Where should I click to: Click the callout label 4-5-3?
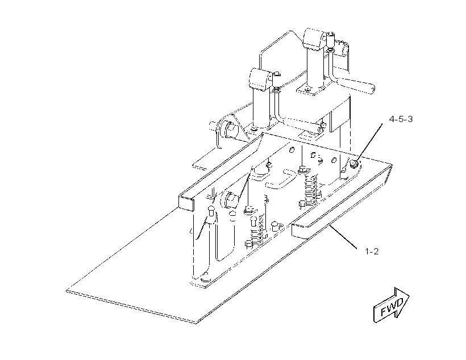(401, 119)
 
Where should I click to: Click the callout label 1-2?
(372, 252)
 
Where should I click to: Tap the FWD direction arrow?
(391, 305)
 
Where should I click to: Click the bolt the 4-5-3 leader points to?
(354, 163)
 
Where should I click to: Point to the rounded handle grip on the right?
(357, 85)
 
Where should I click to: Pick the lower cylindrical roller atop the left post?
(261, 79)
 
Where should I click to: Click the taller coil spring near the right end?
(310, 187)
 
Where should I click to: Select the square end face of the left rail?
(186, 203)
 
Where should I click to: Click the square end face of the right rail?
(299, 231)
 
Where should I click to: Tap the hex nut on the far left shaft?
(230, 130)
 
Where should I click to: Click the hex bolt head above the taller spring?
(301, 170)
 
